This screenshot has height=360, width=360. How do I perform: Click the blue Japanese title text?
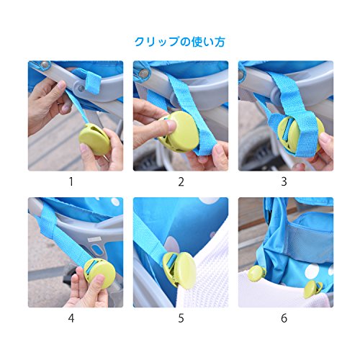(x=180, y=42)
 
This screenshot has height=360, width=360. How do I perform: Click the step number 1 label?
(x=71, y=181)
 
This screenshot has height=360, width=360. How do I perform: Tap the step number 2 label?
(x=181, y=181)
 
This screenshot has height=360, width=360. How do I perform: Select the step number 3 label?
(x=284, y=181)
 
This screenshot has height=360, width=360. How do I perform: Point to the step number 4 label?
(x=71, y=318)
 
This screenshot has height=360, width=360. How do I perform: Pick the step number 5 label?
(x=181, y=318)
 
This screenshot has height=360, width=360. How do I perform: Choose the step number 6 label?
(x=284, y=318)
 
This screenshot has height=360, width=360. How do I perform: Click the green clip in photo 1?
(x=94, y=139)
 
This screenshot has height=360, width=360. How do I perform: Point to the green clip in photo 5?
(x=181, y=269)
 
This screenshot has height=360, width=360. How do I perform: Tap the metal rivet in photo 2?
(x=143, y=73)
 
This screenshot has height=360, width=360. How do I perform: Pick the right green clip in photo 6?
(x=312, y=289)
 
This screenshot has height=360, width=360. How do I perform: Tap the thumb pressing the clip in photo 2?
(x=167, y=127)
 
